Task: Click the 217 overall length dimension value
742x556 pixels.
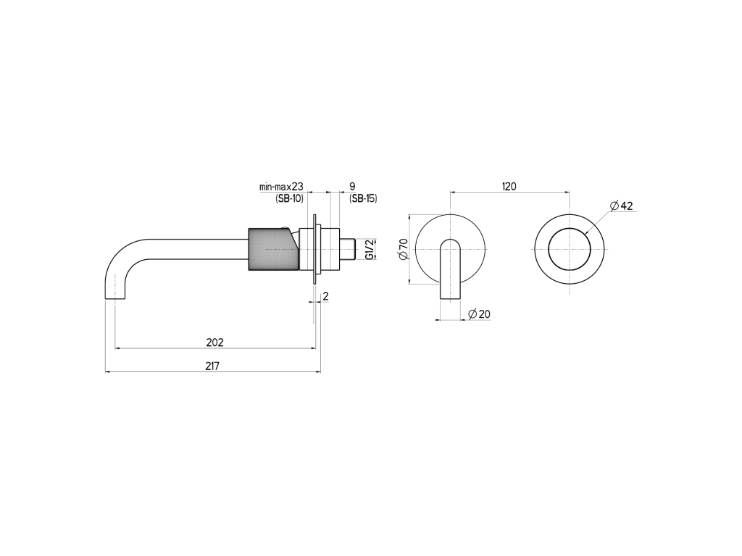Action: [x=212, y=366]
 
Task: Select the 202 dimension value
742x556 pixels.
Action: [x=214, y=342]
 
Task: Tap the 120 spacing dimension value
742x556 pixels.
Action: [x=509, y=186]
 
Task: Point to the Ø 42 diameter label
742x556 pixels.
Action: [x=621, y=206]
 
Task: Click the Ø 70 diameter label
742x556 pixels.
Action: [x=404, y=249]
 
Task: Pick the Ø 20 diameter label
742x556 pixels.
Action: [x=479, y=314]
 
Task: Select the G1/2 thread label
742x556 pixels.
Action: [x=370, y=249]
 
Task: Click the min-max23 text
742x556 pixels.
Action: [x=281, y=187]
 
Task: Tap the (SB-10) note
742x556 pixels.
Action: [x=289, y=198]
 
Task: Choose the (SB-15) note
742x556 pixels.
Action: [x=363, y=198]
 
